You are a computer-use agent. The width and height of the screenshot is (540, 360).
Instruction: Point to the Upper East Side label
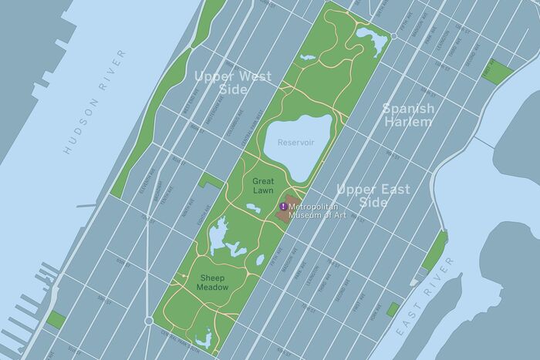(x=373, y=195)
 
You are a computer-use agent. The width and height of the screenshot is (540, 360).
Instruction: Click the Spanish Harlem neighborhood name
(x=408, y=116)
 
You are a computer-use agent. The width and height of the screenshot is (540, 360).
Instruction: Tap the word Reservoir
(x=297, y=143)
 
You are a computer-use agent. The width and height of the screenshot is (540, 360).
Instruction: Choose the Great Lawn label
(x=263, y=185)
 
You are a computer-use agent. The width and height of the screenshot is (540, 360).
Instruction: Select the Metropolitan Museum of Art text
(x=318, y=210)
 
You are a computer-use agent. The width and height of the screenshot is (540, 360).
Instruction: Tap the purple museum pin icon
(x=284, y=207)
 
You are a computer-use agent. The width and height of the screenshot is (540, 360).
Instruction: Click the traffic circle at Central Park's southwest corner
(x=149, y=319)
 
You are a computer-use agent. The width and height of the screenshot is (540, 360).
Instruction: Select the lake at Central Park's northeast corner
(x=371, y=39)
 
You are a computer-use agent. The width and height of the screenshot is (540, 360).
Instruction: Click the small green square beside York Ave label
(x=393, y=308)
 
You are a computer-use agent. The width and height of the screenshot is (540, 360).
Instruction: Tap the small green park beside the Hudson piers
(x=56, y=318)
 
